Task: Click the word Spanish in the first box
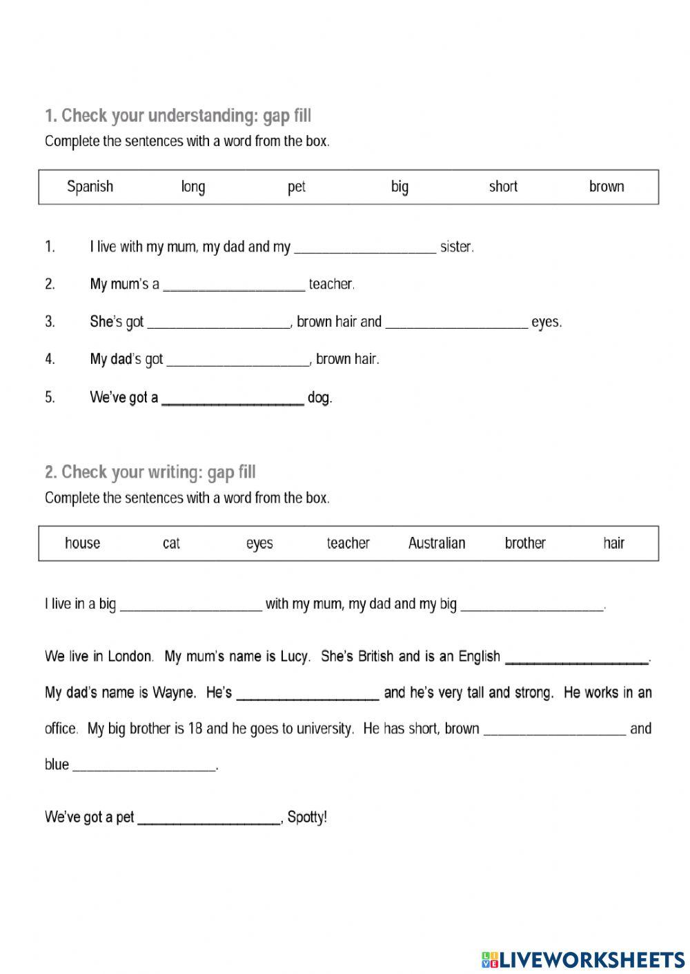(x=90, y=187)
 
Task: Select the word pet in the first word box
(x=297, y=187)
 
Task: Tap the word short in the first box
(x=503, y=187)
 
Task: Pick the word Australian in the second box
(x=437, y=543)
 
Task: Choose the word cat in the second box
(x=171, y=543)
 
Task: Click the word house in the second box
(x=82, y=543)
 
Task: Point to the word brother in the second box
(x=525, y=543)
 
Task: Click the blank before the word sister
(x=365, y=248)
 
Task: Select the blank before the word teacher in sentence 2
(x=234, y=285)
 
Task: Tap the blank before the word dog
(x=233, y=399)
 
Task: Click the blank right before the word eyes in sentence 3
(x=456, y=323)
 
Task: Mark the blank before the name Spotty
(x=208, y=819)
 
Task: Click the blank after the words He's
(x=308, y=694)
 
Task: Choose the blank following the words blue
(x=144, y=766)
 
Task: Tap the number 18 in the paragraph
(x=195, y=729)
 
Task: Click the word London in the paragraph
(x=130, y=656)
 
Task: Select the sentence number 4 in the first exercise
(x=50, y=359)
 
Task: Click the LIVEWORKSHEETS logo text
(x=592, y=959)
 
